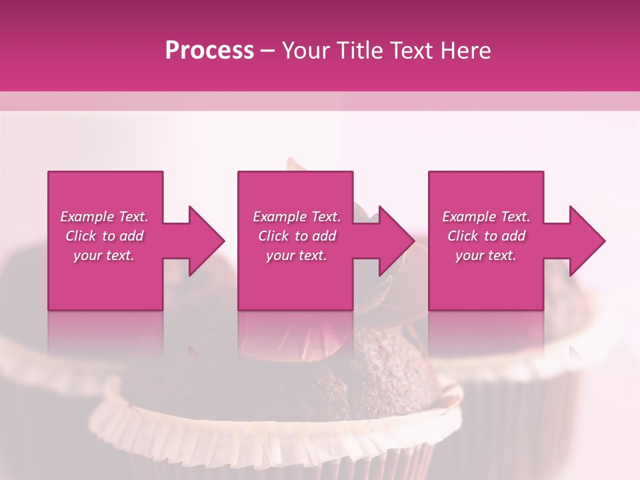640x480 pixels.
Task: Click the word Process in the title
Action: pyautogui.click(x=209, y=51)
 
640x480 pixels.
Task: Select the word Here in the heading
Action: pyautogui.click(x=465, y=51)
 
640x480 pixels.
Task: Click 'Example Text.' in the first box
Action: pyautogui.click(x=104, y=217)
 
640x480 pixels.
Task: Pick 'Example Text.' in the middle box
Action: pyautogui.click(x=297, y=217)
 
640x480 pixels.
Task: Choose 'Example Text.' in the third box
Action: pyautogui.click(x=486, y=217)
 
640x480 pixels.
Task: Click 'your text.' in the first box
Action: pyautogui.click(x=104, y=255)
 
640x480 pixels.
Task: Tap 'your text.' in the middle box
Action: pyautogui.click(x=297, y=255)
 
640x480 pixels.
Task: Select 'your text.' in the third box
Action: pyautogui.click(x=486, y=255)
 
